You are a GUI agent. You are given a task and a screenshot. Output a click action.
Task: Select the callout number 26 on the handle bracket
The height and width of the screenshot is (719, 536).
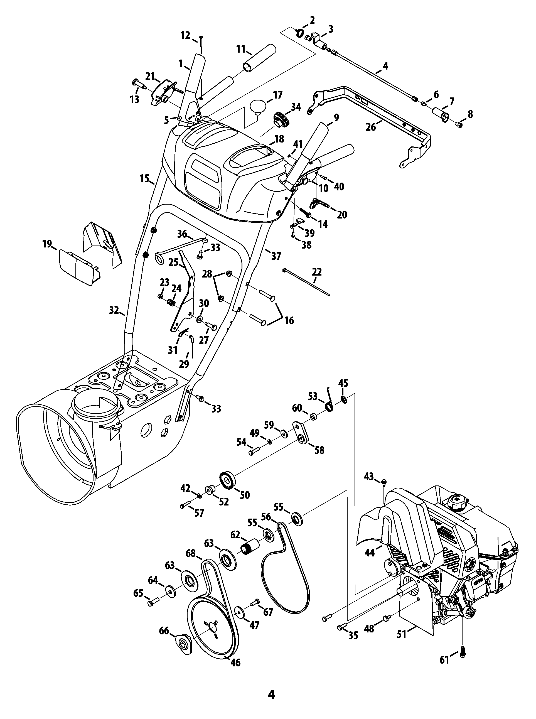click(x=371, y=127)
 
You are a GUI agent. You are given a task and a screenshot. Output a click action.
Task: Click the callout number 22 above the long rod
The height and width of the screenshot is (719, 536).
click(x=317, y=272)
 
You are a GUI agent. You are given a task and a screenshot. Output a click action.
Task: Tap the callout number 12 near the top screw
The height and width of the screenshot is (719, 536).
click(x=185, y=35)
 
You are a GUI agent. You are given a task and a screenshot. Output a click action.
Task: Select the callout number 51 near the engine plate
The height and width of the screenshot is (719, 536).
click(x=402, y=634)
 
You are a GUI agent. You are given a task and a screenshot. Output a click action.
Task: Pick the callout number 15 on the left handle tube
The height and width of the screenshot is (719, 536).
click(x=145, y=178)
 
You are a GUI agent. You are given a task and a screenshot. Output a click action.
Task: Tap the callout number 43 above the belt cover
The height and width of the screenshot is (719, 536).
click(x=369, y=476)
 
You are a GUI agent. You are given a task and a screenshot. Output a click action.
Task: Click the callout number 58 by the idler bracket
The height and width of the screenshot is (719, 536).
click(x=319, y=450)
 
